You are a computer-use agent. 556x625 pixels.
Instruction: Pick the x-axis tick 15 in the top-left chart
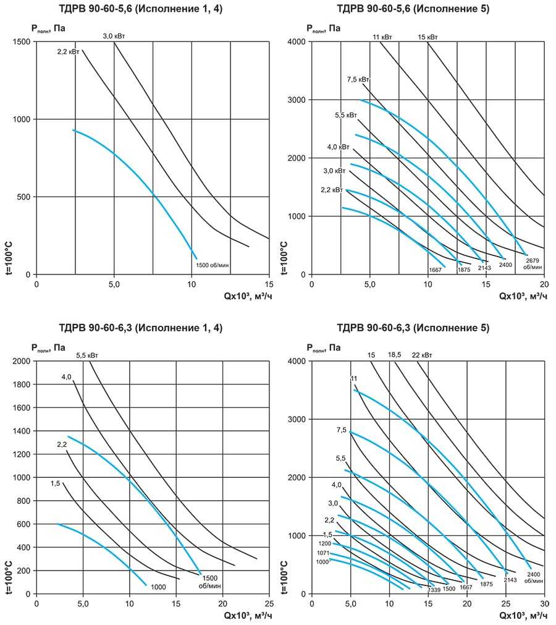pyautogui.click(x=269, y=284)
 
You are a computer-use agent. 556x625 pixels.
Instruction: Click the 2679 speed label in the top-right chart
pyautogui.click(x=533, y=260)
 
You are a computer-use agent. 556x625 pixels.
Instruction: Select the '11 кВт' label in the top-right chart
pyautogui.click(x=382, y=37)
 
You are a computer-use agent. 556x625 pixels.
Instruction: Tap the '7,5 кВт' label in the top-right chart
pyautogui.click(x=358, y=79)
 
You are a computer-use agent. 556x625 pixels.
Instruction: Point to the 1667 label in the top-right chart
pyautogui.click(x=436, y=270)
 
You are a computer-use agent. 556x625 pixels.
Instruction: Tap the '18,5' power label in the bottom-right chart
pyautogui.click(x=395, y=355)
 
